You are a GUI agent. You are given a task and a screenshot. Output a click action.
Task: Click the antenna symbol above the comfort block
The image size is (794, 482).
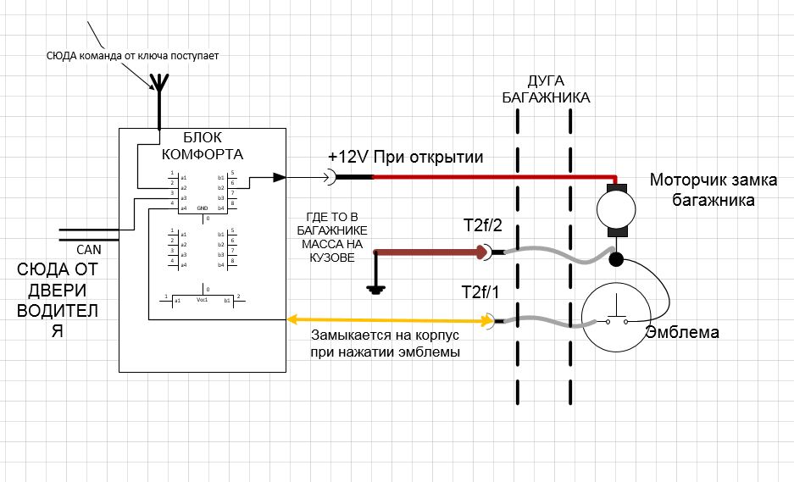coord(158,85)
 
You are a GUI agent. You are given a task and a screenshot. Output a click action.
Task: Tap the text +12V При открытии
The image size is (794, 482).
coord(406,157)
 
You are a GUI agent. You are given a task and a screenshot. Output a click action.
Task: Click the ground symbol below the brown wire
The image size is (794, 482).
coord(375,288)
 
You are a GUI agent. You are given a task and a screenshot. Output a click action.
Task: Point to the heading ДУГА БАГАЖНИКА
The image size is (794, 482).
coord(546,88)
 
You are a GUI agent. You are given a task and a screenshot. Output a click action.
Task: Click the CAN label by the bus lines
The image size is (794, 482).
coord(88,250)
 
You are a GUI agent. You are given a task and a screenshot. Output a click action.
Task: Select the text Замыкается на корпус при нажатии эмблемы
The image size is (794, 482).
coord(385,343)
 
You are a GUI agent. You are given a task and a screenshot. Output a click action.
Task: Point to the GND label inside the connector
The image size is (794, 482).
coord(203,208)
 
